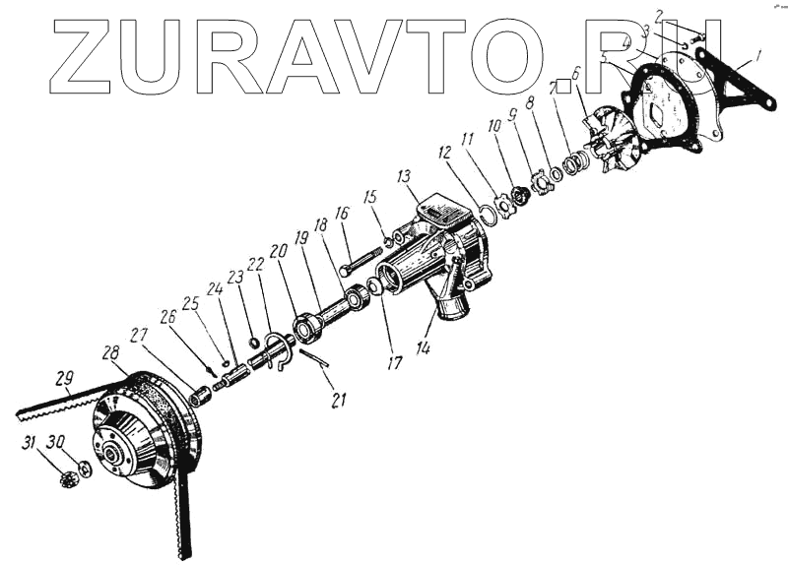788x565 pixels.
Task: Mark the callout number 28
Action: click(109, 352)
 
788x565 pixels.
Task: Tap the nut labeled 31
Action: click(68, 481)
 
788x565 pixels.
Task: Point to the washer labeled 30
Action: click(86, 470)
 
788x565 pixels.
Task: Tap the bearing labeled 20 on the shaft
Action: click(308, 324)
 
